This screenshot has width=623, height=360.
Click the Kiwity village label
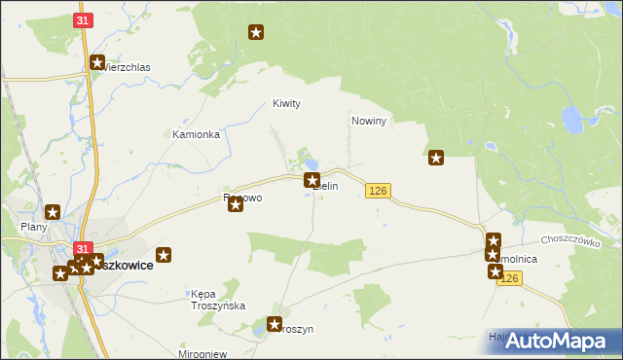tap(286, 103)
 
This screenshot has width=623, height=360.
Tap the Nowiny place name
tap(369, 122)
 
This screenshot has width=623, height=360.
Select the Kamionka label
tap(196, 134)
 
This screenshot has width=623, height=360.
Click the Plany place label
tap(34, 228)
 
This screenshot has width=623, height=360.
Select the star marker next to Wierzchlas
tap(98, 64)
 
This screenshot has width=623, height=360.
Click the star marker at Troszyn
tap(275, 325)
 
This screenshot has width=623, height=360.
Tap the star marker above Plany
tap(53, 211)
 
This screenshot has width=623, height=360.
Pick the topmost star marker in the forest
tap(256, 34)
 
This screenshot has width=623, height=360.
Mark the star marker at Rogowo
tap(235, 204)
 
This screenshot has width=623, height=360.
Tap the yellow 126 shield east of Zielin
tap(379, 192)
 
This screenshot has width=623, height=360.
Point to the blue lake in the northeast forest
tap(570, 121)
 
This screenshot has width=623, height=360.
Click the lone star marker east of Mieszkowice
tap(164, 255)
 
